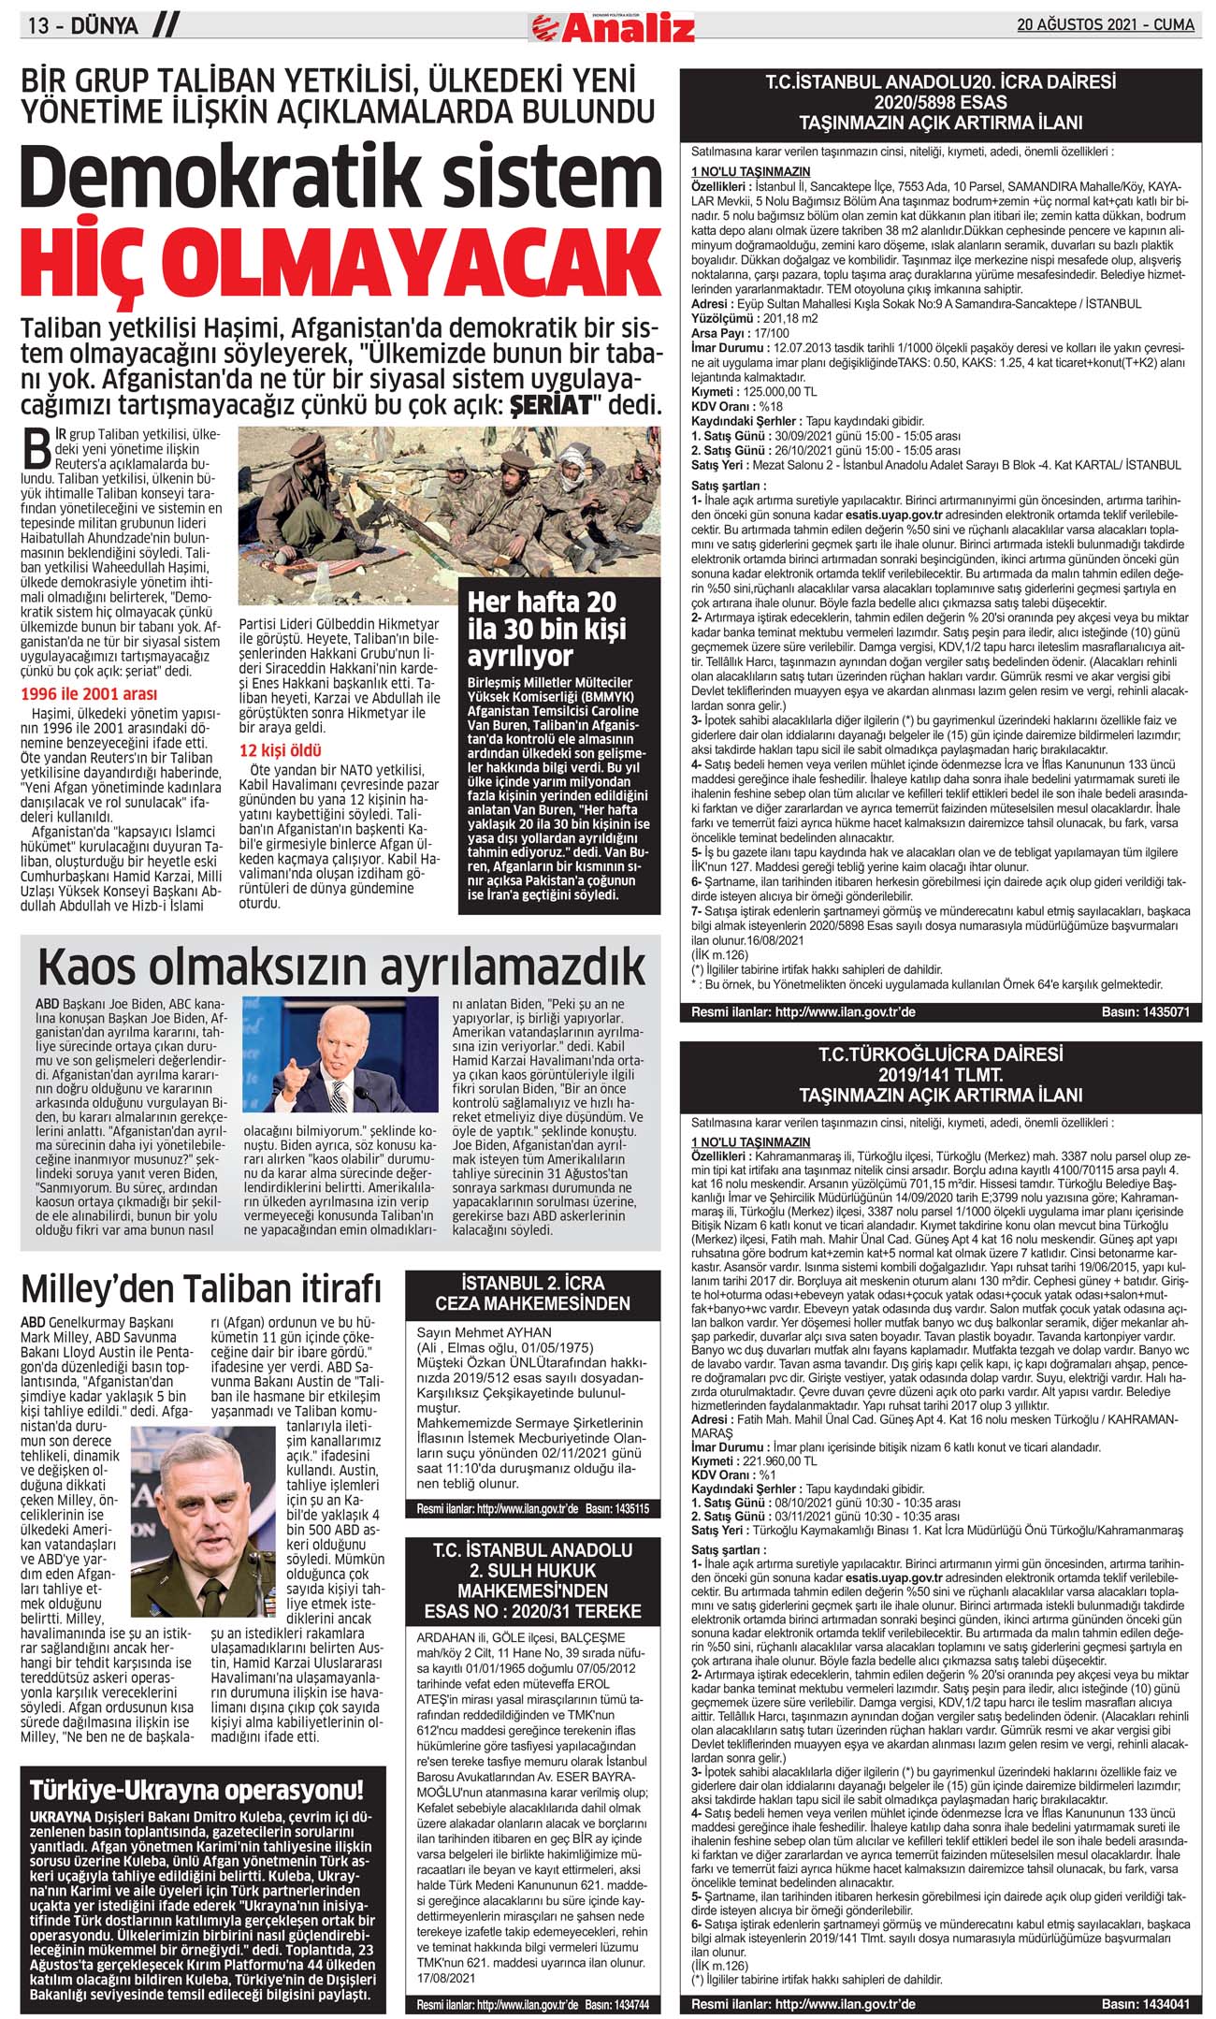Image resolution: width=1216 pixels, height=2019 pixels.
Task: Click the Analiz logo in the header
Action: (613, 28)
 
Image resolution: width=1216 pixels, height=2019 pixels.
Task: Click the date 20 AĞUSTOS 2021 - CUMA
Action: (1106, 25)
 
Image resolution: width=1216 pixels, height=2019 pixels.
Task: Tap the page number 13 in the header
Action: (38, 26)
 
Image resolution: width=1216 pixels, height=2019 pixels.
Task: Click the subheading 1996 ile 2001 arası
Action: (89, 694)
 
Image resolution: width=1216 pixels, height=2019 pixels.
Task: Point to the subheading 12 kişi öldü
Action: (281, 750)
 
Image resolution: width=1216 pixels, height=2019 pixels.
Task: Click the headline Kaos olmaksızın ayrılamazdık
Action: (341, 966)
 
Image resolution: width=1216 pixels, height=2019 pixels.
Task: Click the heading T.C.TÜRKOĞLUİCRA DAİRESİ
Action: (940, 1054)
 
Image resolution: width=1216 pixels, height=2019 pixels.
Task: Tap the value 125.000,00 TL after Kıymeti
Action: (779, 392)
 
